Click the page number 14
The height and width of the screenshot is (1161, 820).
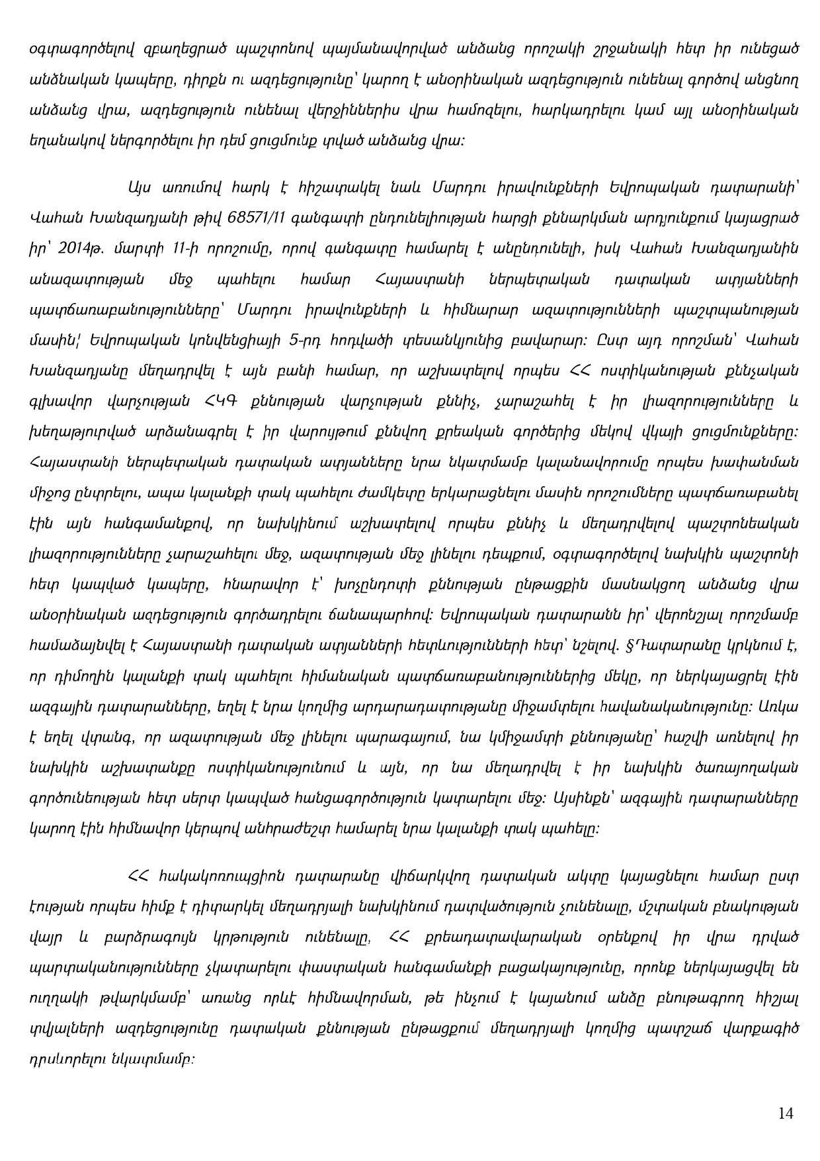786,1113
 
